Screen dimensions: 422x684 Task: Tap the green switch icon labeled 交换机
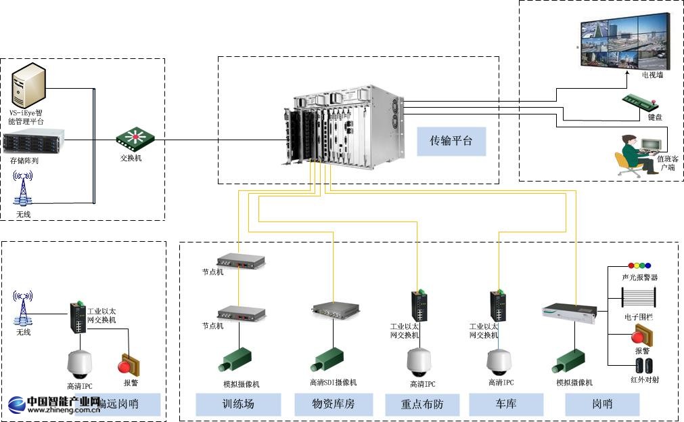click(x=135, y=140)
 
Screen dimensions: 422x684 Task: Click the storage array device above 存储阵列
click(x=32, y=143)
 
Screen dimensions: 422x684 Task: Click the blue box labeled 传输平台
click(x=451, y=141)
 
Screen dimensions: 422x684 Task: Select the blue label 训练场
click(x=238, y=404)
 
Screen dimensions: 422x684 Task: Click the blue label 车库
click(x=505, y=404)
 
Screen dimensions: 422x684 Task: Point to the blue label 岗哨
click(x=602, y=404)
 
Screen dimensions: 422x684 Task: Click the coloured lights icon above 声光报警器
click(x=639, y=266)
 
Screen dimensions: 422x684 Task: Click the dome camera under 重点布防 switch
click(x=417, y=362)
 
